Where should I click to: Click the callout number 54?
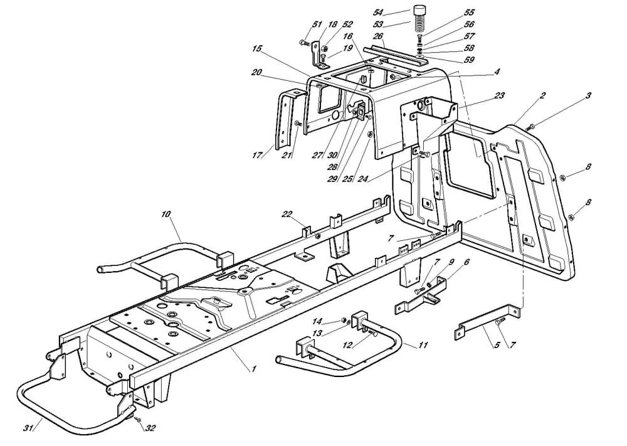378,12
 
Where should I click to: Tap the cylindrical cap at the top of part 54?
419,13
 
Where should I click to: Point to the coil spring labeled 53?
419,30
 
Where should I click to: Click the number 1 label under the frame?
254,369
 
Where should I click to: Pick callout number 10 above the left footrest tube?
166,215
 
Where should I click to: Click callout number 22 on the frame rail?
287,215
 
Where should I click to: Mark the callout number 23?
499,96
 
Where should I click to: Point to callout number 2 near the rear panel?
542,95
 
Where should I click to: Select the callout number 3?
587,95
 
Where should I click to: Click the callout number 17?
272,155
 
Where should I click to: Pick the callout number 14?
335,321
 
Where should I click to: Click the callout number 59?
469,60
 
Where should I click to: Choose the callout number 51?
315,24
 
